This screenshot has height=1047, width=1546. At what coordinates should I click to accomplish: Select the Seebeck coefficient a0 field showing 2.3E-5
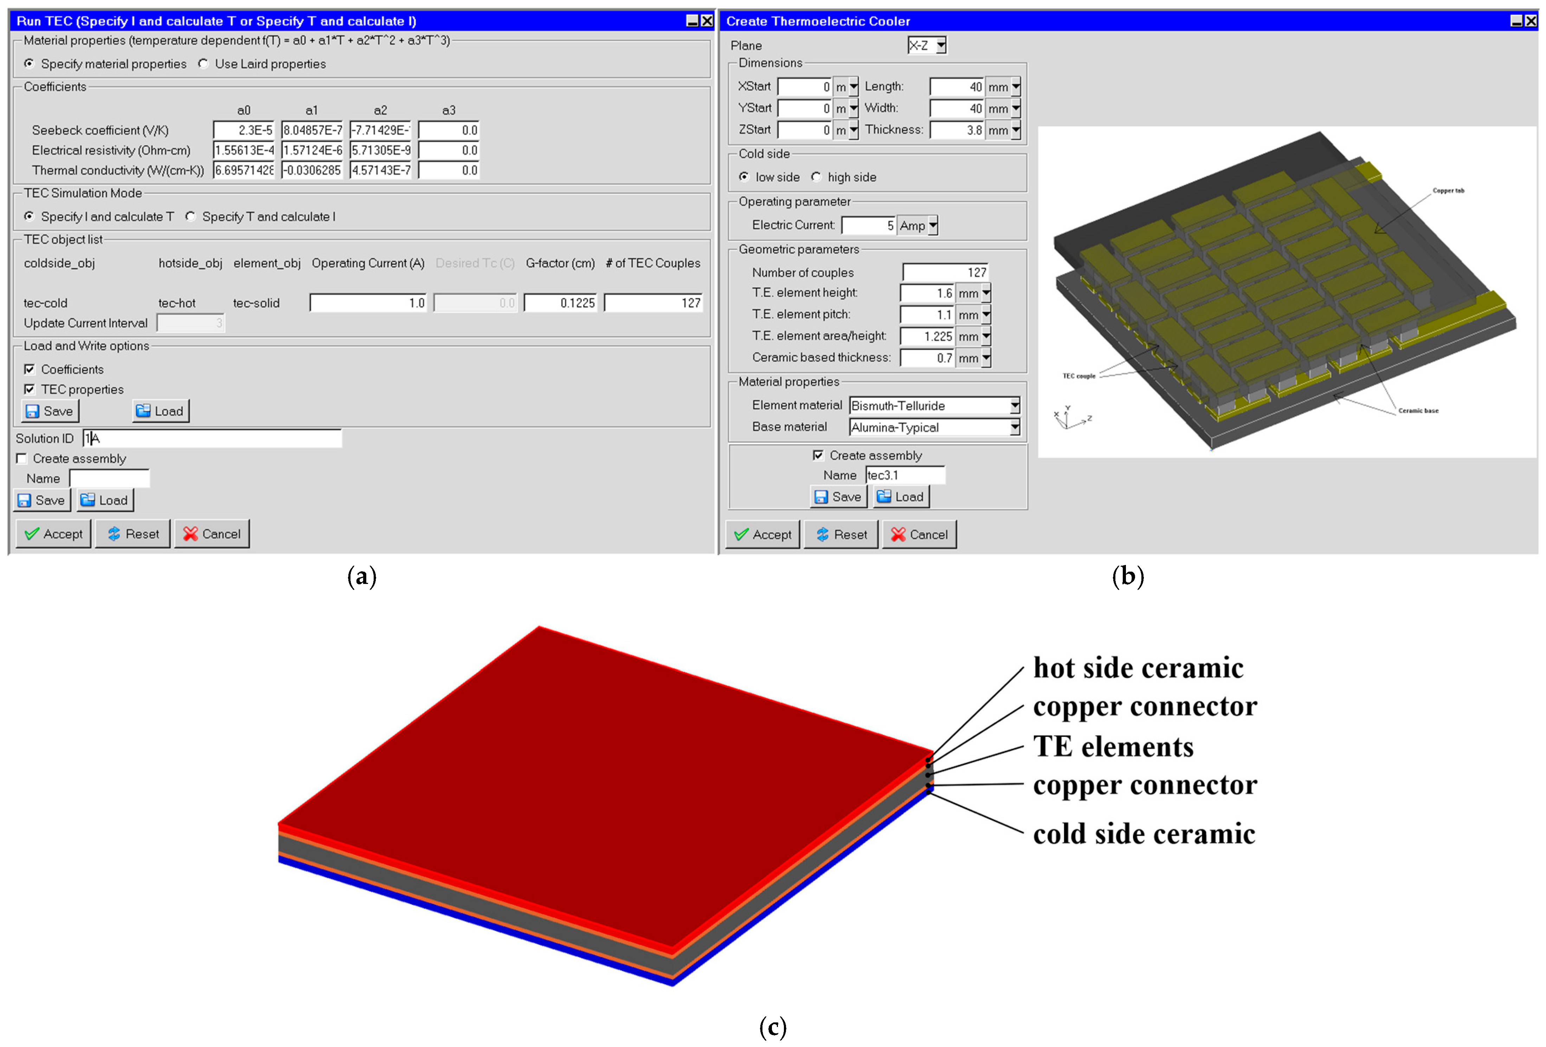244,130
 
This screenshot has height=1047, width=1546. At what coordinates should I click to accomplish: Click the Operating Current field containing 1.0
368,303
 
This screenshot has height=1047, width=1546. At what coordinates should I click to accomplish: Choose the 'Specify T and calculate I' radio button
191,217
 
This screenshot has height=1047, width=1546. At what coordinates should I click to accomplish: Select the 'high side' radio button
816,177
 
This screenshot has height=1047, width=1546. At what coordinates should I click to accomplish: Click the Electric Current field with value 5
869,225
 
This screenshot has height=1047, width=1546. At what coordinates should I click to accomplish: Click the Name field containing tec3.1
905,475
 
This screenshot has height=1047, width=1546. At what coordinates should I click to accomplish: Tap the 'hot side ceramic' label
1138,668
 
